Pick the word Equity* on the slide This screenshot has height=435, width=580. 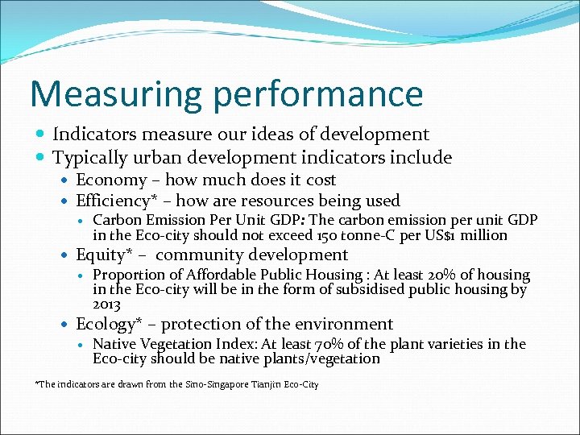click(x=101, y=255)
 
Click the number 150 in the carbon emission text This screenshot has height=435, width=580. click(x=350, y=235)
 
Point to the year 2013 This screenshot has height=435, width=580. click(x=106, y=304)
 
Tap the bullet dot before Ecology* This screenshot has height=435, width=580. click(x=67, y=325)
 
